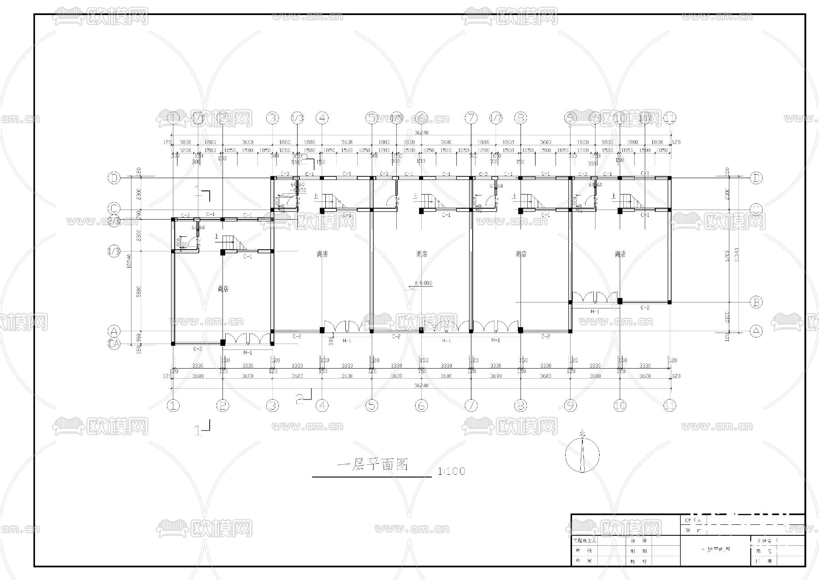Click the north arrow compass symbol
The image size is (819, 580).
[x=582, y=454]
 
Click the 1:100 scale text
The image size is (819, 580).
[x=451, y=471]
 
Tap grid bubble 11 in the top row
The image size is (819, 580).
[x=669, y=118]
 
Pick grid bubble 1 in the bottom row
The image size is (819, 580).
[x=173, y=405]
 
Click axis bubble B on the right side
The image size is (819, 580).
[x=756, y=302]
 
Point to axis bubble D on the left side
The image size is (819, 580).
[x=114, y=178]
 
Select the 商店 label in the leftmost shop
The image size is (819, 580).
[x=222, y=289]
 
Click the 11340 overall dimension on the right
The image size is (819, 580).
[x=737, y=254]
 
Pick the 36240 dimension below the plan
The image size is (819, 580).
[x=421, y=385]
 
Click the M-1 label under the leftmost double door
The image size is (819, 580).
[x=248, y=352]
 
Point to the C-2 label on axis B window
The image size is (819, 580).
[x=645, y=308]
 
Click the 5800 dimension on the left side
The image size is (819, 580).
[x=139, y=291]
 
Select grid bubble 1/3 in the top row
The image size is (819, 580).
[x=297, y=118]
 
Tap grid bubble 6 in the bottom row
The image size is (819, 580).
[x=421, y=405]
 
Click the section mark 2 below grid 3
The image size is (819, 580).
[x=300, y=400]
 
